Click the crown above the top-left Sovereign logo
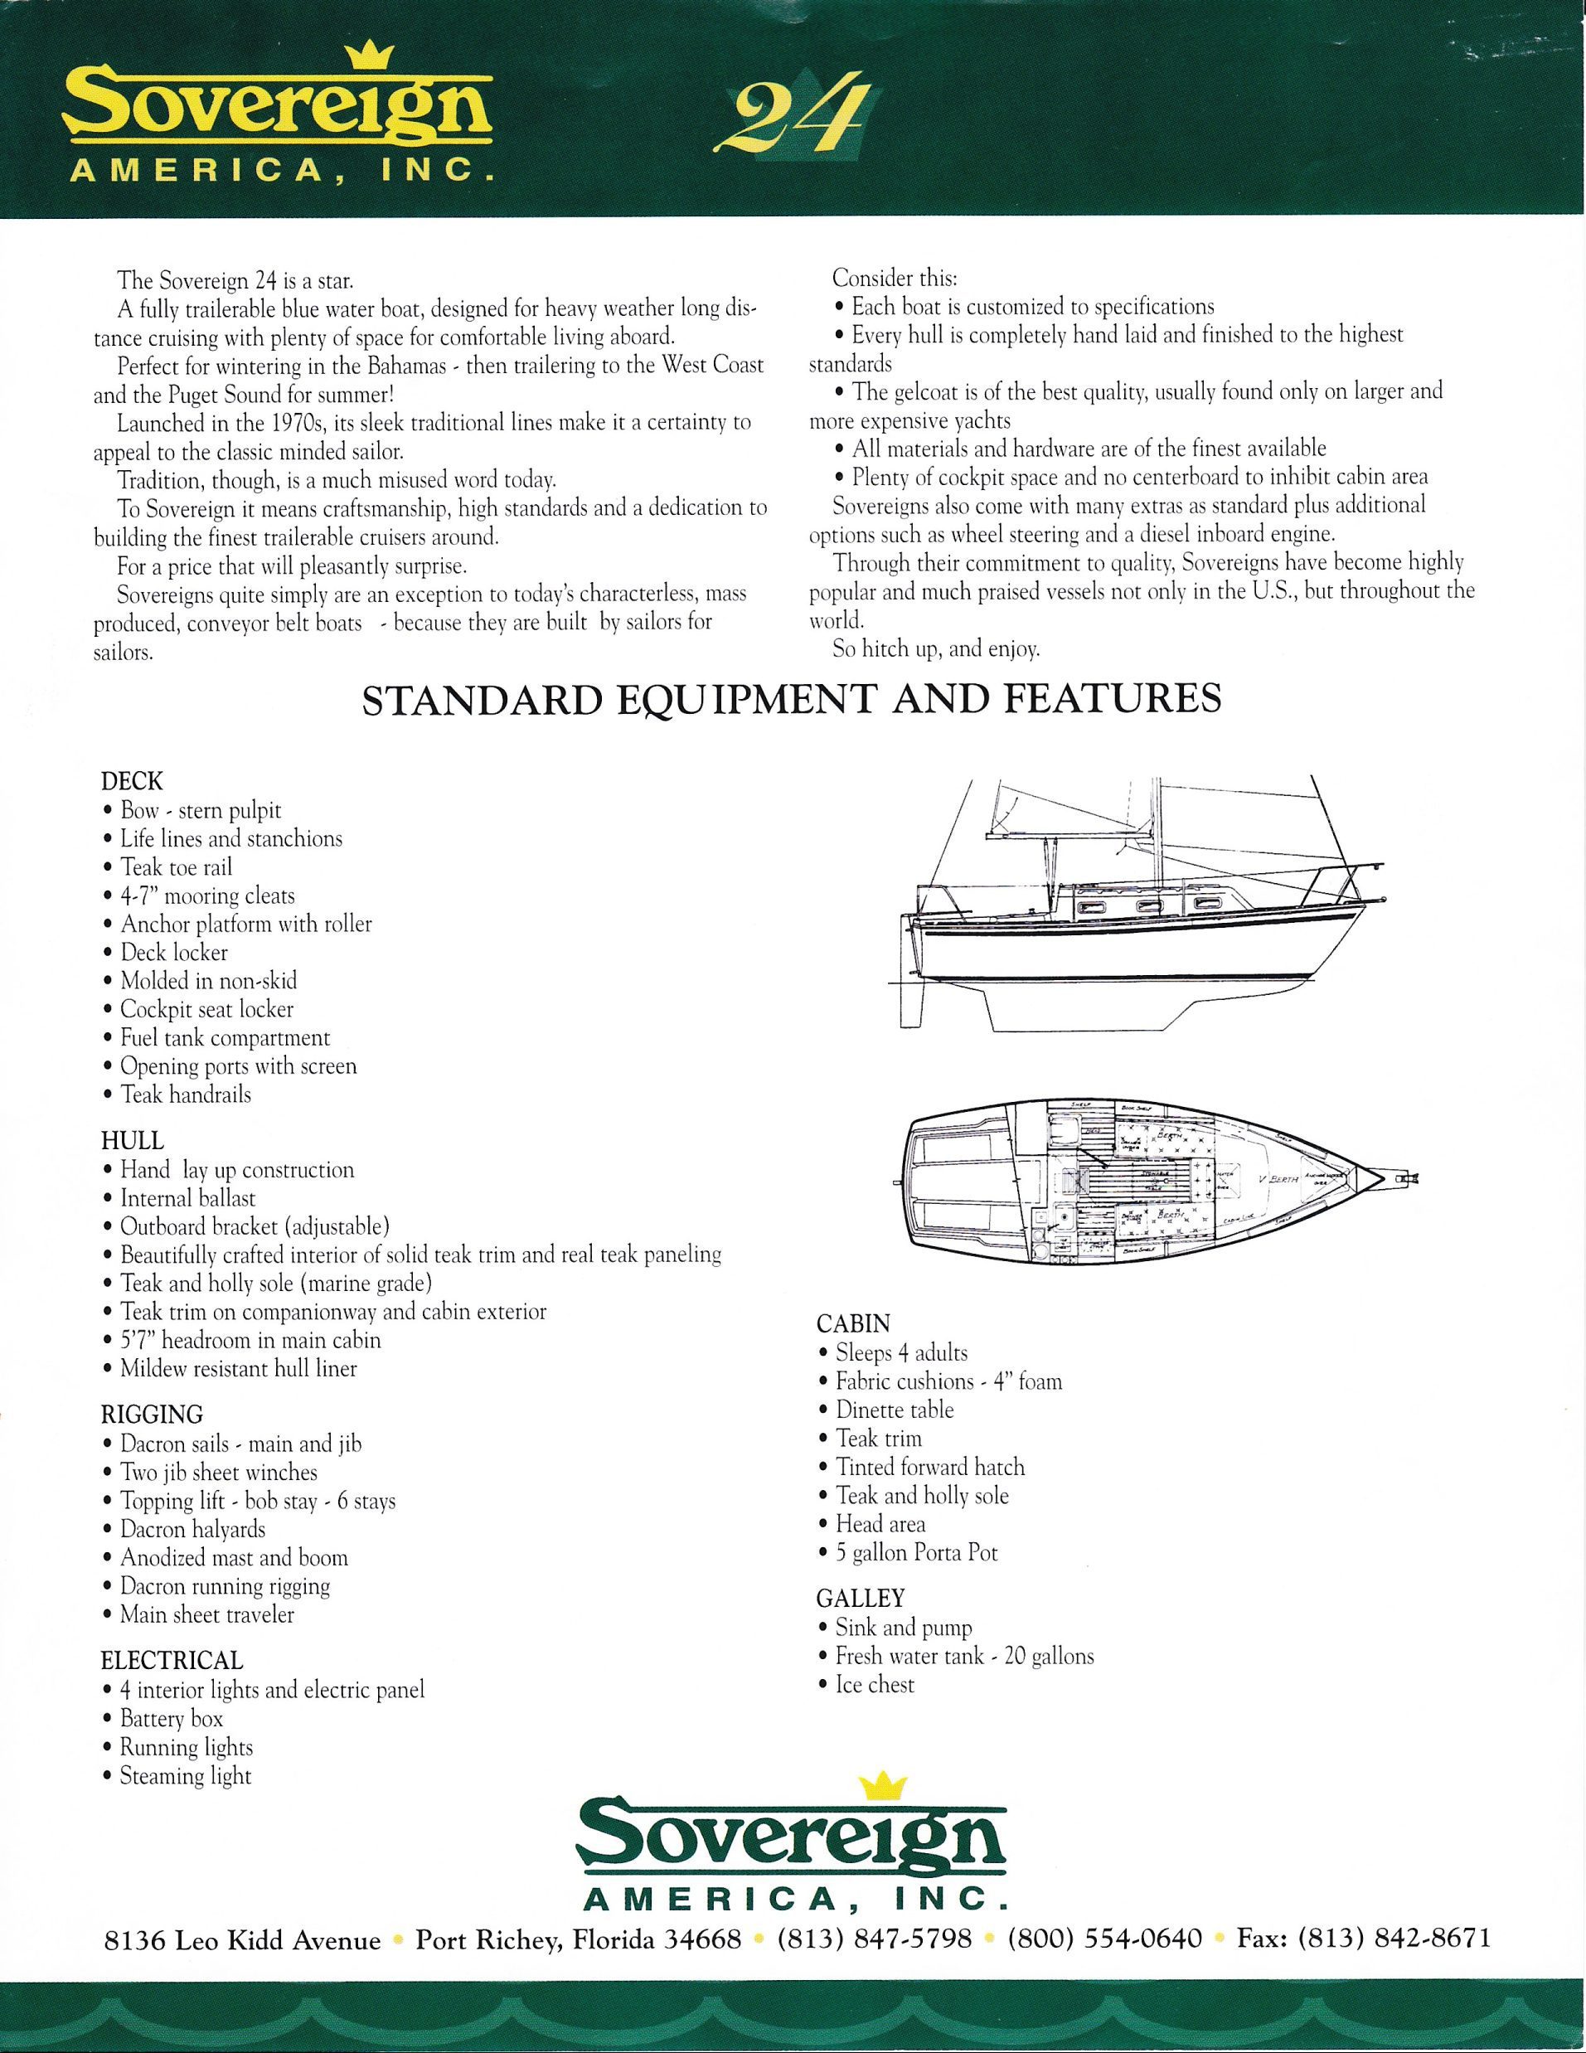pos(361,58)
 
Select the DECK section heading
pos(132,780)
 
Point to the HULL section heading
pos(133,1140)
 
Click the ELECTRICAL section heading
pos(172,1660)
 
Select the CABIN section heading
pos(853,1323)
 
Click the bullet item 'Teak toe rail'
pos(176,866)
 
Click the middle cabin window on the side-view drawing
pos(1148,908)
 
